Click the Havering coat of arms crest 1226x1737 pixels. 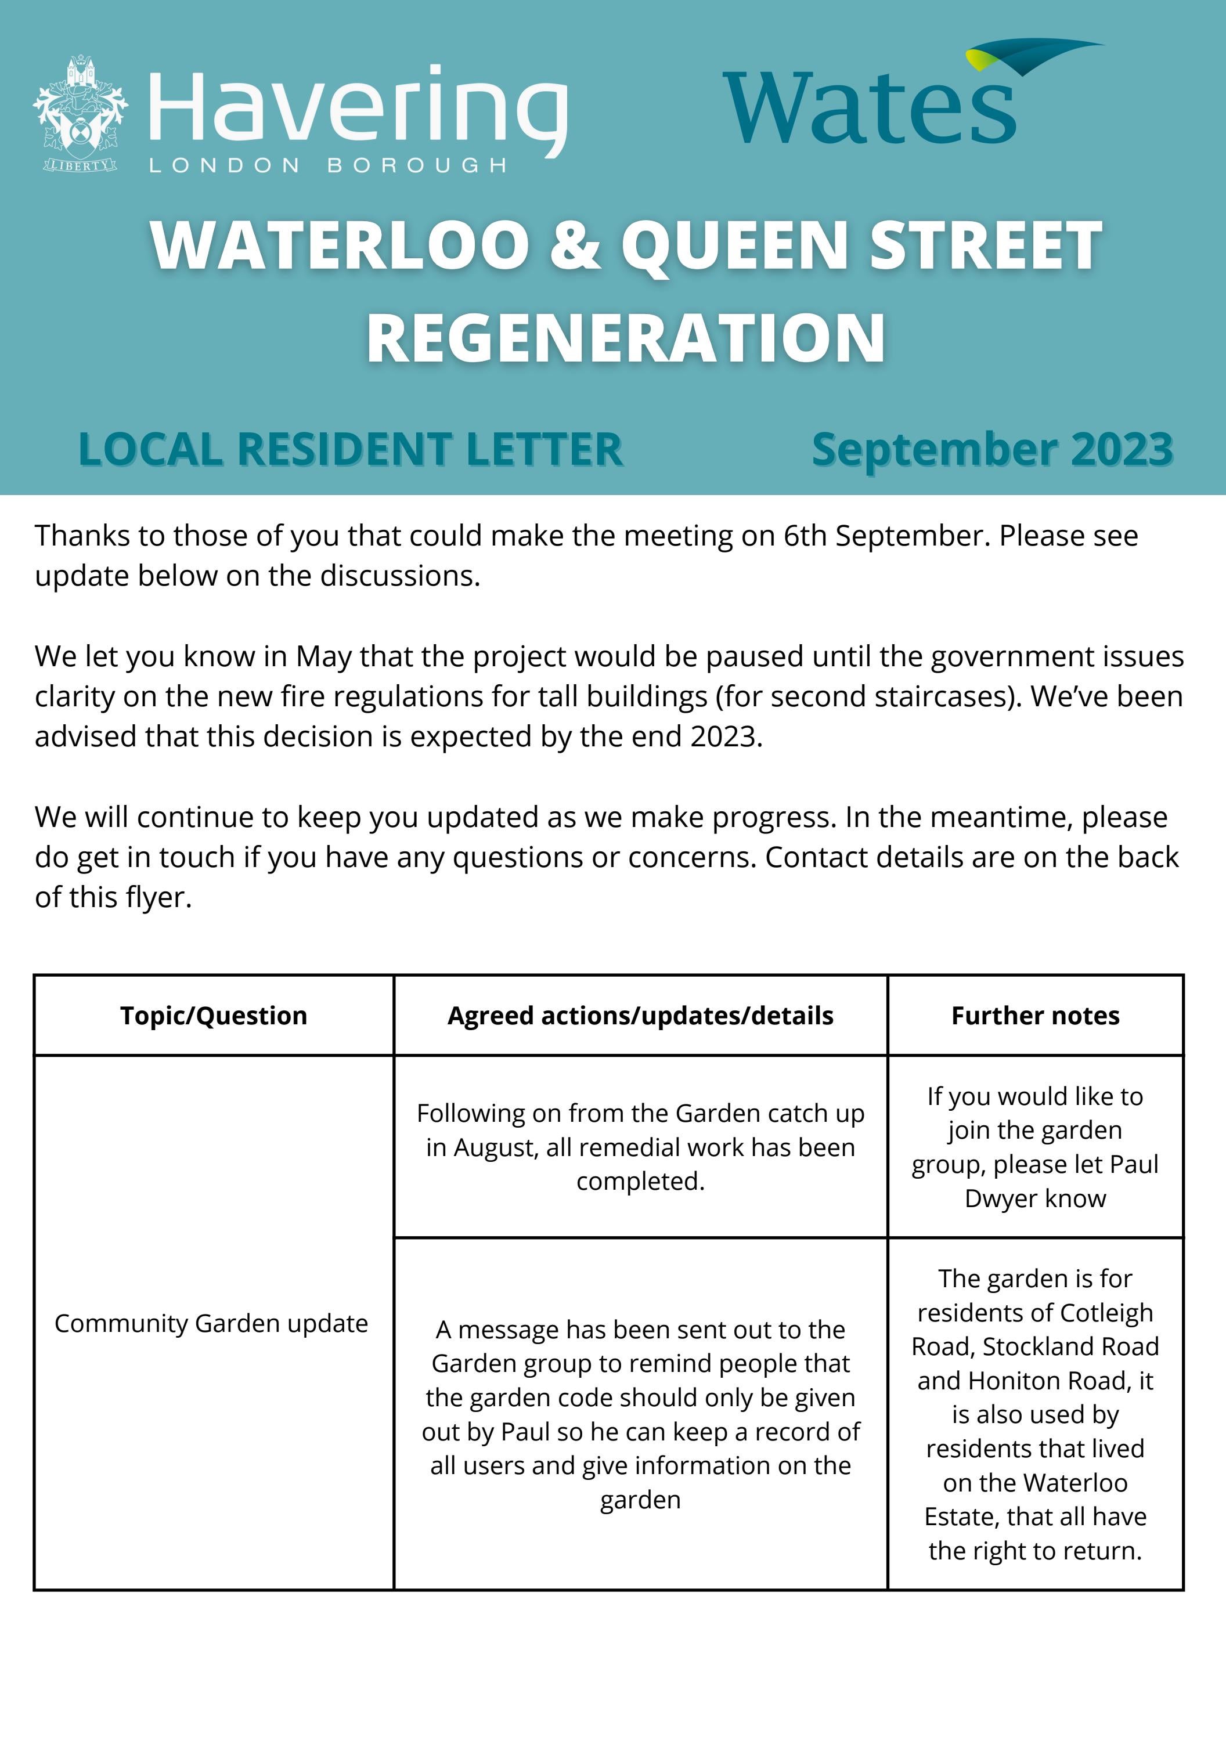pos(80,114)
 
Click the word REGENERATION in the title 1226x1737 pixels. pos(626,338)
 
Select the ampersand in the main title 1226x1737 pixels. pos(575,246)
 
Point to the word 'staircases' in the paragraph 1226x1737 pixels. pos(940,696)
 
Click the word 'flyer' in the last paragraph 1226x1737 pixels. pos(156,897)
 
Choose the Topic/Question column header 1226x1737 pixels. pos(214,1015)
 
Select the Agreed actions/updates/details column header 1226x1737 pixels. pos(640,1015)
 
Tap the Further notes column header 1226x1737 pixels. pos(1035,1015)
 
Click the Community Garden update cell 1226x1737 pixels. pos(211,1323)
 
